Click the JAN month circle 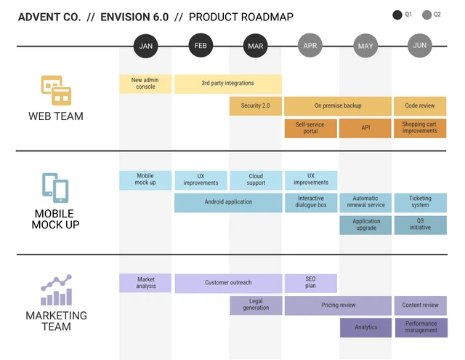coord(146,46)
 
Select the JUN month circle coord(420,46)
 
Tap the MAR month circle coord(256,46)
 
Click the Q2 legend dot coord(426,15)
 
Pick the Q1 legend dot coord(397,15)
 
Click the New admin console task coord(145,84)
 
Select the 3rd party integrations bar coord(228,84)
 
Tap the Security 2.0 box coord(256,106)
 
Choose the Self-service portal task coord(310,128)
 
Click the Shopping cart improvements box coord(420,128)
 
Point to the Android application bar coord(228,202)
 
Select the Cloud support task coord(256,180)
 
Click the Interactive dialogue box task coord(311,202)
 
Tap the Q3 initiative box coord(420,225)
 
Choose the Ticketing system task coord(420,202)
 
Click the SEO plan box coord(310,283)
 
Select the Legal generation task coord(256,305)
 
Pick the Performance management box coord(421,327)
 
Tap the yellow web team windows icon coord(56,90)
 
